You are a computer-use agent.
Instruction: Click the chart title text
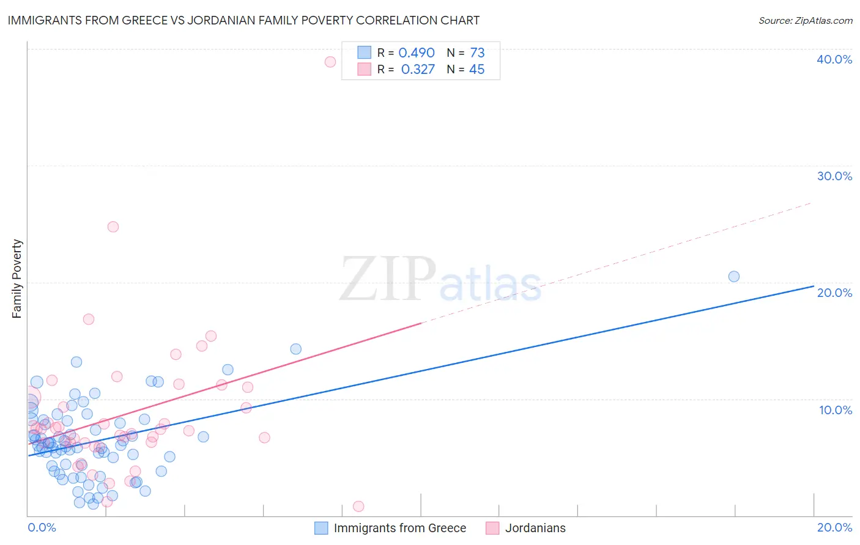click(243, 20)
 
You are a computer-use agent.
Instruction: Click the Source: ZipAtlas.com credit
click(805, 20)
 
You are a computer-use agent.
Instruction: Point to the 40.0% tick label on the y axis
click(834, 59)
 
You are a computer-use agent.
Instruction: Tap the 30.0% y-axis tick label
click(834, 176)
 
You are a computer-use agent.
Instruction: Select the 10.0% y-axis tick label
click(836, 410)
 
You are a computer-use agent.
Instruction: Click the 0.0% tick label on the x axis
click(42, 527)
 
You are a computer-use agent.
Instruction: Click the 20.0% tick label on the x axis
click(834, 527)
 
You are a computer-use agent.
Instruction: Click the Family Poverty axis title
click(17, 279)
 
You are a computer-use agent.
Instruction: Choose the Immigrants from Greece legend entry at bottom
click(399, 528)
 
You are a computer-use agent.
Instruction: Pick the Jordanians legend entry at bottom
click(535, 528)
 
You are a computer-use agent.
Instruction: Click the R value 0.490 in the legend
click(417, 53)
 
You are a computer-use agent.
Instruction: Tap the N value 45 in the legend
click(476, 70)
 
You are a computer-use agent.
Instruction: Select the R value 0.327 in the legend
click(418, 70)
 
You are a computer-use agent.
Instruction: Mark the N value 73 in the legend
click(477, 53)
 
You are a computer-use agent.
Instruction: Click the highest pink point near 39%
click(330, 62)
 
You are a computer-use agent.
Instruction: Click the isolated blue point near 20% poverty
click(734, 276)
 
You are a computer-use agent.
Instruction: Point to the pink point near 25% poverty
click(113, 227)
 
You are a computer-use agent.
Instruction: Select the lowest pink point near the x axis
click(358, 507)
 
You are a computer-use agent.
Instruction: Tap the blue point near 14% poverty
click(296, 349)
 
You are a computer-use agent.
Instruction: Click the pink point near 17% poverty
click(89, 319)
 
